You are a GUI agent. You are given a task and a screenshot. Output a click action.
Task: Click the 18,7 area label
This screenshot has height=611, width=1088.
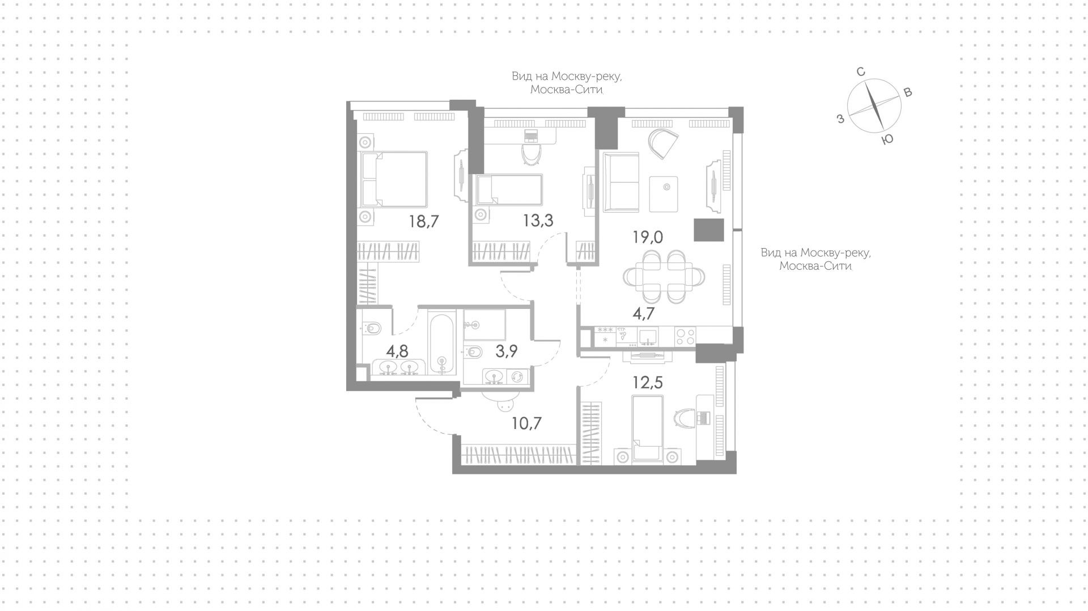[x=424, y=221]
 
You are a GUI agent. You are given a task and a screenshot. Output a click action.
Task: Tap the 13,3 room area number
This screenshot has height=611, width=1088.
[x=538, y=220]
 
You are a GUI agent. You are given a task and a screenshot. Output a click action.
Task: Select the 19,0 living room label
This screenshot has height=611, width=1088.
[x=648, y=237]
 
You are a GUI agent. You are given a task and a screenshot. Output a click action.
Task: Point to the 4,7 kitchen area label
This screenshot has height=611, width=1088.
[x=644, y=313]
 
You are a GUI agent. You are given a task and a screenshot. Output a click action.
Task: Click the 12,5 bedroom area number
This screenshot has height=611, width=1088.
[x=648, y=383]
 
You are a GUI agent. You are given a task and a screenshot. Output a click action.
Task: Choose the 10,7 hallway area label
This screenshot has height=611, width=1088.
[x=527, y=423]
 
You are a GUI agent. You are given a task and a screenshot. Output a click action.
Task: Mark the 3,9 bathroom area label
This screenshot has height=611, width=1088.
[x=507, y=351]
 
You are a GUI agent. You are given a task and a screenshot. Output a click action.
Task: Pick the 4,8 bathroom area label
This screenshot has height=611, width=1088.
[x=397, y=351]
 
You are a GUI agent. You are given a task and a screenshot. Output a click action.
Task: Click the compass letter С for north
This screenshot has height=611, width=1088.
[x=860, y=72]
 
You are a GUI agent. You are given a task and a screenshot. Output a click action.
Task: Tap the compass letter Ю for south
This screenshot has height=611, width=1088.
[x=888, y=139]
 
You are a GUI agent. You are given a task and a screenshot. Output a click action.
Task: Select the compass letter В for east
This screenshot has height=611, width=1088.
[x=908, y=93]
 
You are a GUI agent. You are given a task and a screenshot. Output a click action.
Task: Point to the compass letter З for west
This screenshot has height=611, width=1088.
[x=841, y=118]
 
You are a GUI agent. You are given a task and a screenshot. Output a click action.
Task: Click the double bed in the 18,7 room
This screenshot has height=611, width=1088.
[x=394, y=179]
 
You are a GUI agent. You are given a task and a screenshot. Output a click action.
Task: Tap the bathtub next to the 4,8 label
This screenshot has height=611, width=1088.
[x=441, y=343]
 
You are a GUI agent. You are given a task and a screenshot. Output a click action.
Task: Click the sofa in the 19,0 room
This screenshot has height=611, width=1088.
[x=620, y=182]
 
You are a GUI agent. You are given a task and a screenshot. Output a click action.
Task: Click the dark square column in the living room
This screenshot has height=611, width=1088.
[x=709, y=230]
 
